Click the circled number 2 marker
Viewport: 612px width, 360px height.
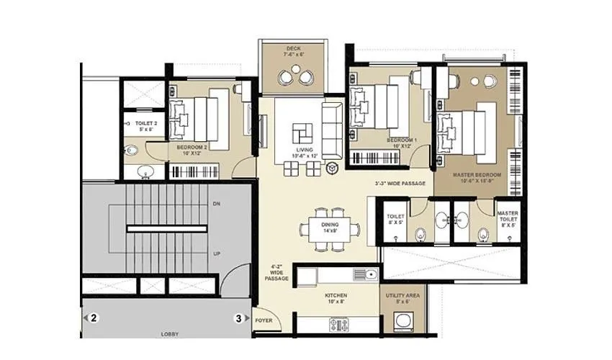pos(94,317)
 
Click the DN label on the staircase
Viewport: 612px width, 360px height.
pos(217,204)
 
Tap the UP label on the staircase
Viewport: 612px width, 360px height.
pos(217,254)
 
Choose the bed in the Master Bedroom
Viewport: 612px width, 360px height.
pos(468,129)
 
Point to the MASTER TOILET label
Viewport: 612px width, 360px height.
pos(507,217)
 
